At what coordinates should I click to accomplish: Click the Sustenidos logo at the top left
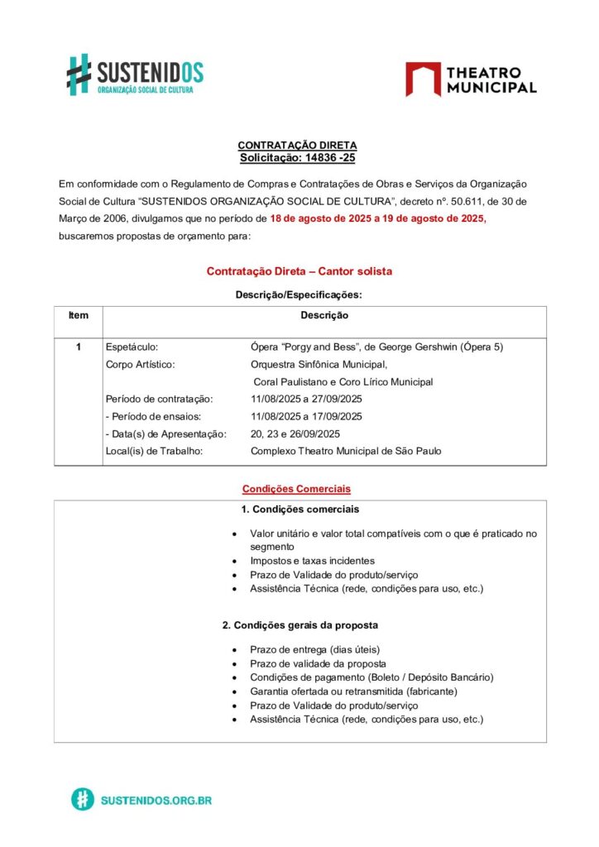[135, 74]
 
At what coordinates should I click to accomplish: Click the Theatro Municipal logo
[471, 79]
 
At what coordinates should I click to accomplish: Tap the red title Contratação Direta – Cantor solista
[299, 271]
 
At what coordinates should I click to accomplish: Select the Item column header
[79, 316]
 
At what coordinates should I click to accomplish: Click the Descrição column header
[324, 316]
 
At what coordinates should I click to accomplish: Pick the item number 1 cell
[79, 347]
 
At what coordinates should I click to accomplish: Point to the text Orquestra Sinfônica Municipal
[319, 364]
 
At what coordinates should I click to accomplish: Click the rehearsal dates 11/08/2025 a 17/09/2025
[306, 417]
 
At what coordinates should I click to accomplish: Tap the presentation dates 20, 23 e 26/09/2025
[295, 434]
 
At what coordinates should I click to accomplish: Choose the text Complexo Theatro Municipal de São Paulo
[346, 452]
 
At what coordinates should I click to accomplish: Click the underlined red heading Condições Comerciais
[296, 489]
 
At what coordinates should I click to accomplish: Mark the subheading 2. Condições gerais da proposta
[300, 625]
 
